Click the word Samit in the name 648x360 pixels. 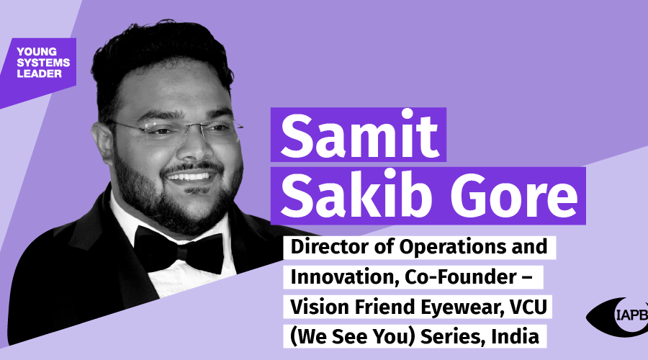tap(359, 135)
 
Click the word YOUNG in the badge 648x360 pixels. tap(37, 52)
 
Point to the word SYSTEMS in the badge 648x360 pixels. tap(43, 63)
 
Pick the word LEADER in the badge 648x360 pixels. tap(40, 73)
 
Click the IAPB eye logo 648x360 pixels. tap(618, 317)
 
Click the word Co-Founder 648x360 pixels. tap(460, 276)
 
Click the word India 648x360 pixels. tap(515, 336)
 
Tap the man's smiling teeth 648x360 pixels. tap(189, 177)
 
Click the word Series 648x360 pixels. tap(453, 336)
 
